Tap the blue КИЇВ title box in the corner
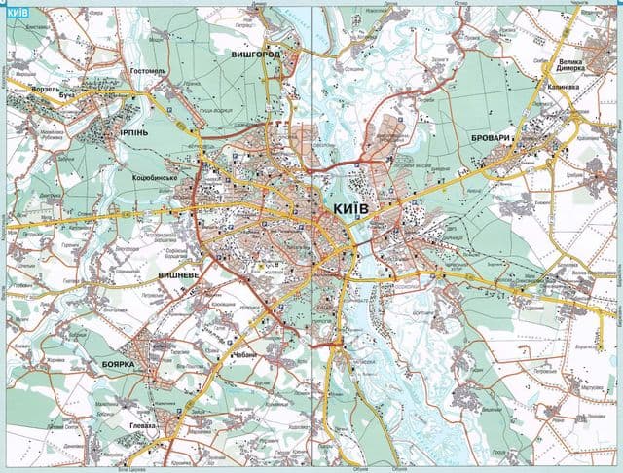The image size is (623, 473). [17, 13]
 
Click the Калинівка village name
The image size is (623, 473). [558, 85]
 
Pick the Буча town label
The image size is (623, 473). [66, 98]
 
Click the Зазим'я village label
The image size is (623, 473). [437, 60]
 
